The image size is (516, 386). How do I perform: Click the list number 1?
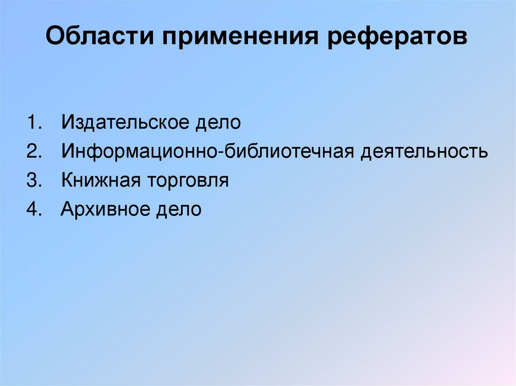click(x=33, y=123)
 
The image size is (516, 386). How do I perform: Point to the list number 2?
click(x=33, y=152)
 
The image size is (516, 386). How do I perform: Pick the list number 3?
click(x=33, y=181)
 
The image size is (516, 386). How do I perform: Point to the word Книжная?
click(x=100, y=181)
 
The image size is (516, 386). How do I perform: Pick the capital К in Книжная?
click(x=67, y=181)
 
